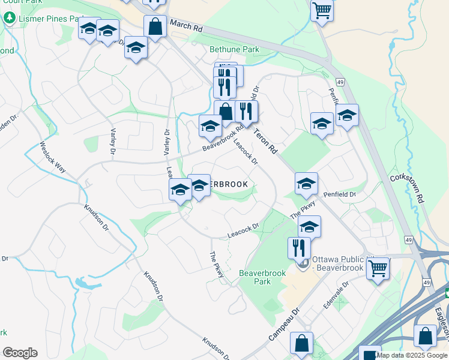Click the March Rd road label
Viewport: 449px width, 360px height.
tap(187, 26)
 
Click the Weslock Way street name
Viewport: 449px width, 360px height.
tap(53, 157)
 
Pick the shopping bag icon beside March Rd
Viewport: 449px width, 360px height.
tap(155, 26)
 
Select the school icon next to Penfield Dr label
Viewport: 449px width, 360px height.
tap(306, 184)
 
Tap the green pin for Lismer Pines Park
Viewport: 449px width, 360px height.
tap(9, 19)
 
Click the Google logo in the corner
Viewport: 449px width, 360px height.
tap(19, 353)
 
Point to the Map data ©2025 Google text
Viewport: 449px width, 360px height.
tap(412, 356)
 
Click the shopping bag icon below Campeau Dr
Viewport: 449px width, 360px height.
tap(301, 343)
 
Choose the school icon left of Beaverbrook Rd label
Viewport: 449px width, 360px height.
tap(210, 126)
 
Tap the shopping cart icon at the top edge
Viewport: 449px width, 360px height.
tap(322, 10)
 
